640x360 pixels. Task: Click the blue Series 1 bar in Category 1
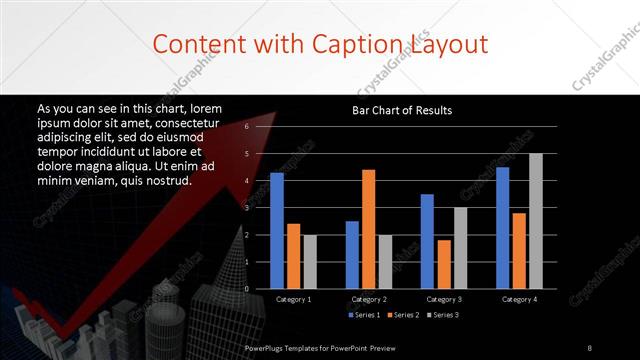click(x=277, y=230)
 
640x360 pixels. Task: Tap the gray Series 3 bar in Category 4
click(x=535, y=221)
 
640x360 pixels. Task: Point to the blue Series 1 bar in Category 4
click(x=502, y=227)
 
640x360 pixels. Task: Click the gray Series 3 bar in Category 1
click(x=309, y=261)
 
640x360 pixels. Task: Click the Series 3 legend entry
click(x=443, y=315)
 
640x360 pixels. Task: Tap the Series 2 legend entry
click(x=402, y=315)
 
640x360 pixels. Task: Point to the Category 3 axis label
click(x=444, y=299)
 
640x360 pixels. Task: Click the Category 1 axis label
click(x=293, y=299)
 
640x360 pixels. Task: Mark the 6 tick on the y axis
click(x=247, y=127)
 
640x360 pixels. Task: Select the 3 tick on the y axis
click(x=247, y=208)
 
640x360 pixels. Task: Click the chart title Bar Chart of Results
click(x=402, y=109)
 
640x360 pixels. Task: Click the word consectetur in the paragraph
click(x=184, y=120)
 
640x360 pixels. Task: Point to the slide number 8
click(x=590, y=347)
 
